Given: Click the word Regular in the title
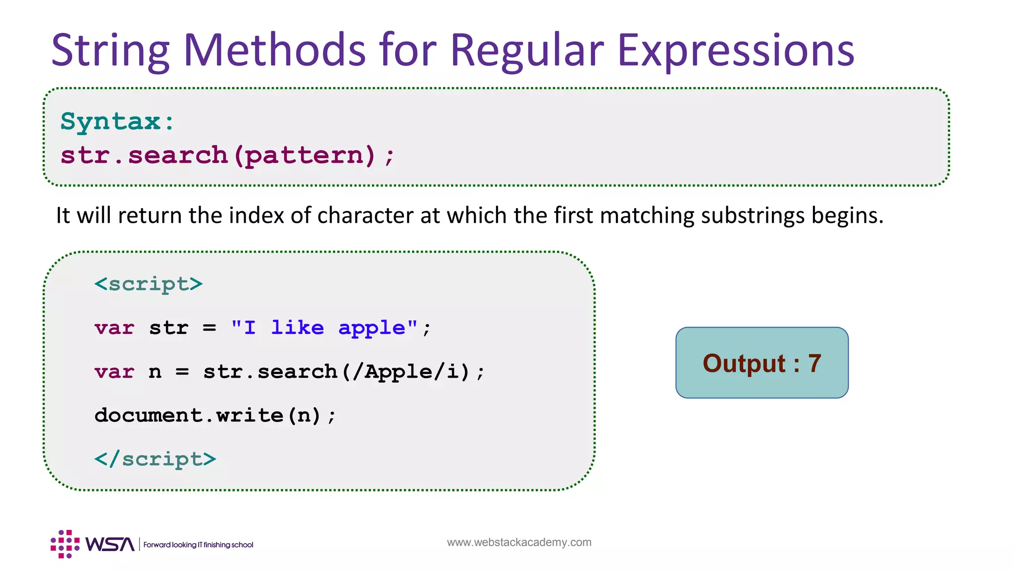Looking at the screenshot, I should (526, 50).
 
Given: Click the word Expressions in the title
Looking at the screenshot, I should (736, 50).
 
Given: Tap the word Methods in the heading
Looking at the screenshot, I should (274, 50).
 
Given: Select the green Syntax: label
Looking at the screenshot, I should (117, 122).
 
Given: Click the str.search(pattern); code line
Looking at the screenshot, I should (227, 156).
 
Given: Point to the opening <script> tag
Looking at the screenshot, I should (149, 284).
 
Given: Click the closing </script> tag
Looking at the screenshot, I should (155, 459).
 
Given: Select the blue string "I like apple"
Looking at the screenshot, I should (324, 328).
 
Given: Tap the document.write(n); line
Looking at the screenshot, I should (215, 416).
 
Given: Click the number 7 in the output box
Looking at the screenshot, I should (814, 364).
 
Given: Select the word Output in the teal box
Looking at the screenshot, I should (744, 364).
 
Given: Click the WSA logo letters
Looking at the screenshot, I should (109, 544).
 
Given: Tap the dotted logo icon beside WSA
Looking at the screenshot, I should (65, 544).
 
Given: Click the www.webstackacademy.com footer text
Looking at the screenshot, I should (519, 542).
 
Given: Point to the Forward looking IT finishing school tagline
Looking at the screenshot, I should (198, 545).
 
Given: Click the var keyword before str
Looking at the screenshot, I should (114, 328).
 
